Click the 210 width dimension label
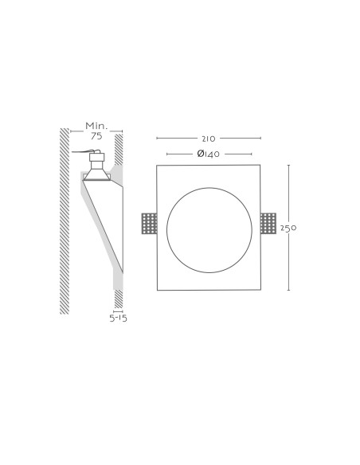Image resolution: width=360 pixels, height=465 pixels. click(x=209, y=139)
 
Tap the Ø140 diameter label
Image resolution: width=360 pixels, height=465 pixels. click(x=208, y=154)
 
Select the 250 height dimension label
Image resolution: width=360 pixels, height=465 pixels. click(x=288, y=228)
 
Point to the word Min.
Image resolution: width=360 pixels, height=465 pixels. click(x=96, y=126)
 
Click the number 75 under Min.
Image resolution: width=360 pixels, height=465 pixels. click(x=96, y=136)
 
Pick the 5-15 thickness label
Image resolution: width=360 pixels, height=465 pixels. click(x=118, y=318)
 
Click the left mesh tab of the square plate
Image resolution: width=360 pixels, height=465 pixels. click(x=149, y=223)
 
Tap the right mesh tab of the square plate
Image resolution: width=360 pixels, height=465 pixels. click(x=268, y=223)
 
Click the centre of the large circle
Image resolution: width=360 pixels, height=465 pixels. click(x=209, y=230)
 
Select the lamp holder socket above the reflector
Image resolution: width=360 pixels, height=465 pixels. click(x=97, y=160)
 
